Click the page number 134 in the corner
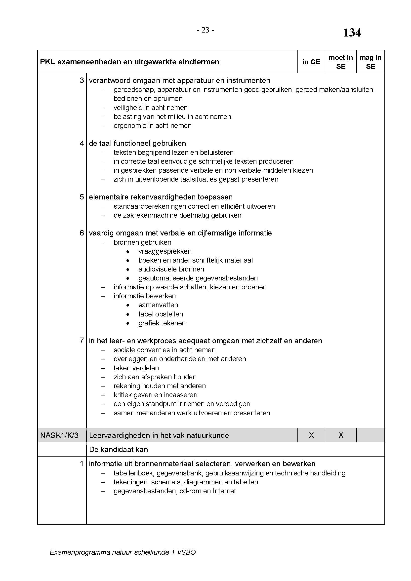coord(352,33)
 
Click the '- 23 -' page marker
coord(205,30)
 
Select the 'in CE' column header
coord(311,62)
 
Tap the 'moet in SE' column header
coord(341,62)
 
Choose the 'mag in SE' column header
coord(370,62)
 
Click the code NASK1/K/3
coord(59,435)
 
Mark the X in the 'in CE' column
coord(311,435)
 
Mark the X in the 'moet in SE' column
coord(341,435)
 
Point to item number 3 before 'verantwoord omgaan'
coord(82,80)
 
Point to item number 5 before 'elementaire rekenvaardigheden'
coord(82,197)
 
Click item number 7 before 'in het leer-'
coord(82,341)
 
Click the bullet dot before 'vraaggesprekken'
coord(128,252)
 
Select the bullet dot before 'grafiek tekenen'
coord(128,323)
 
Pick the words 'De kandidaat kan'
coord(119,450)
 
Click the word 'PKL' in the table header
coord(47,62)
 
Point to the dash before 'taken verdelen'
coord(103,368)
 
